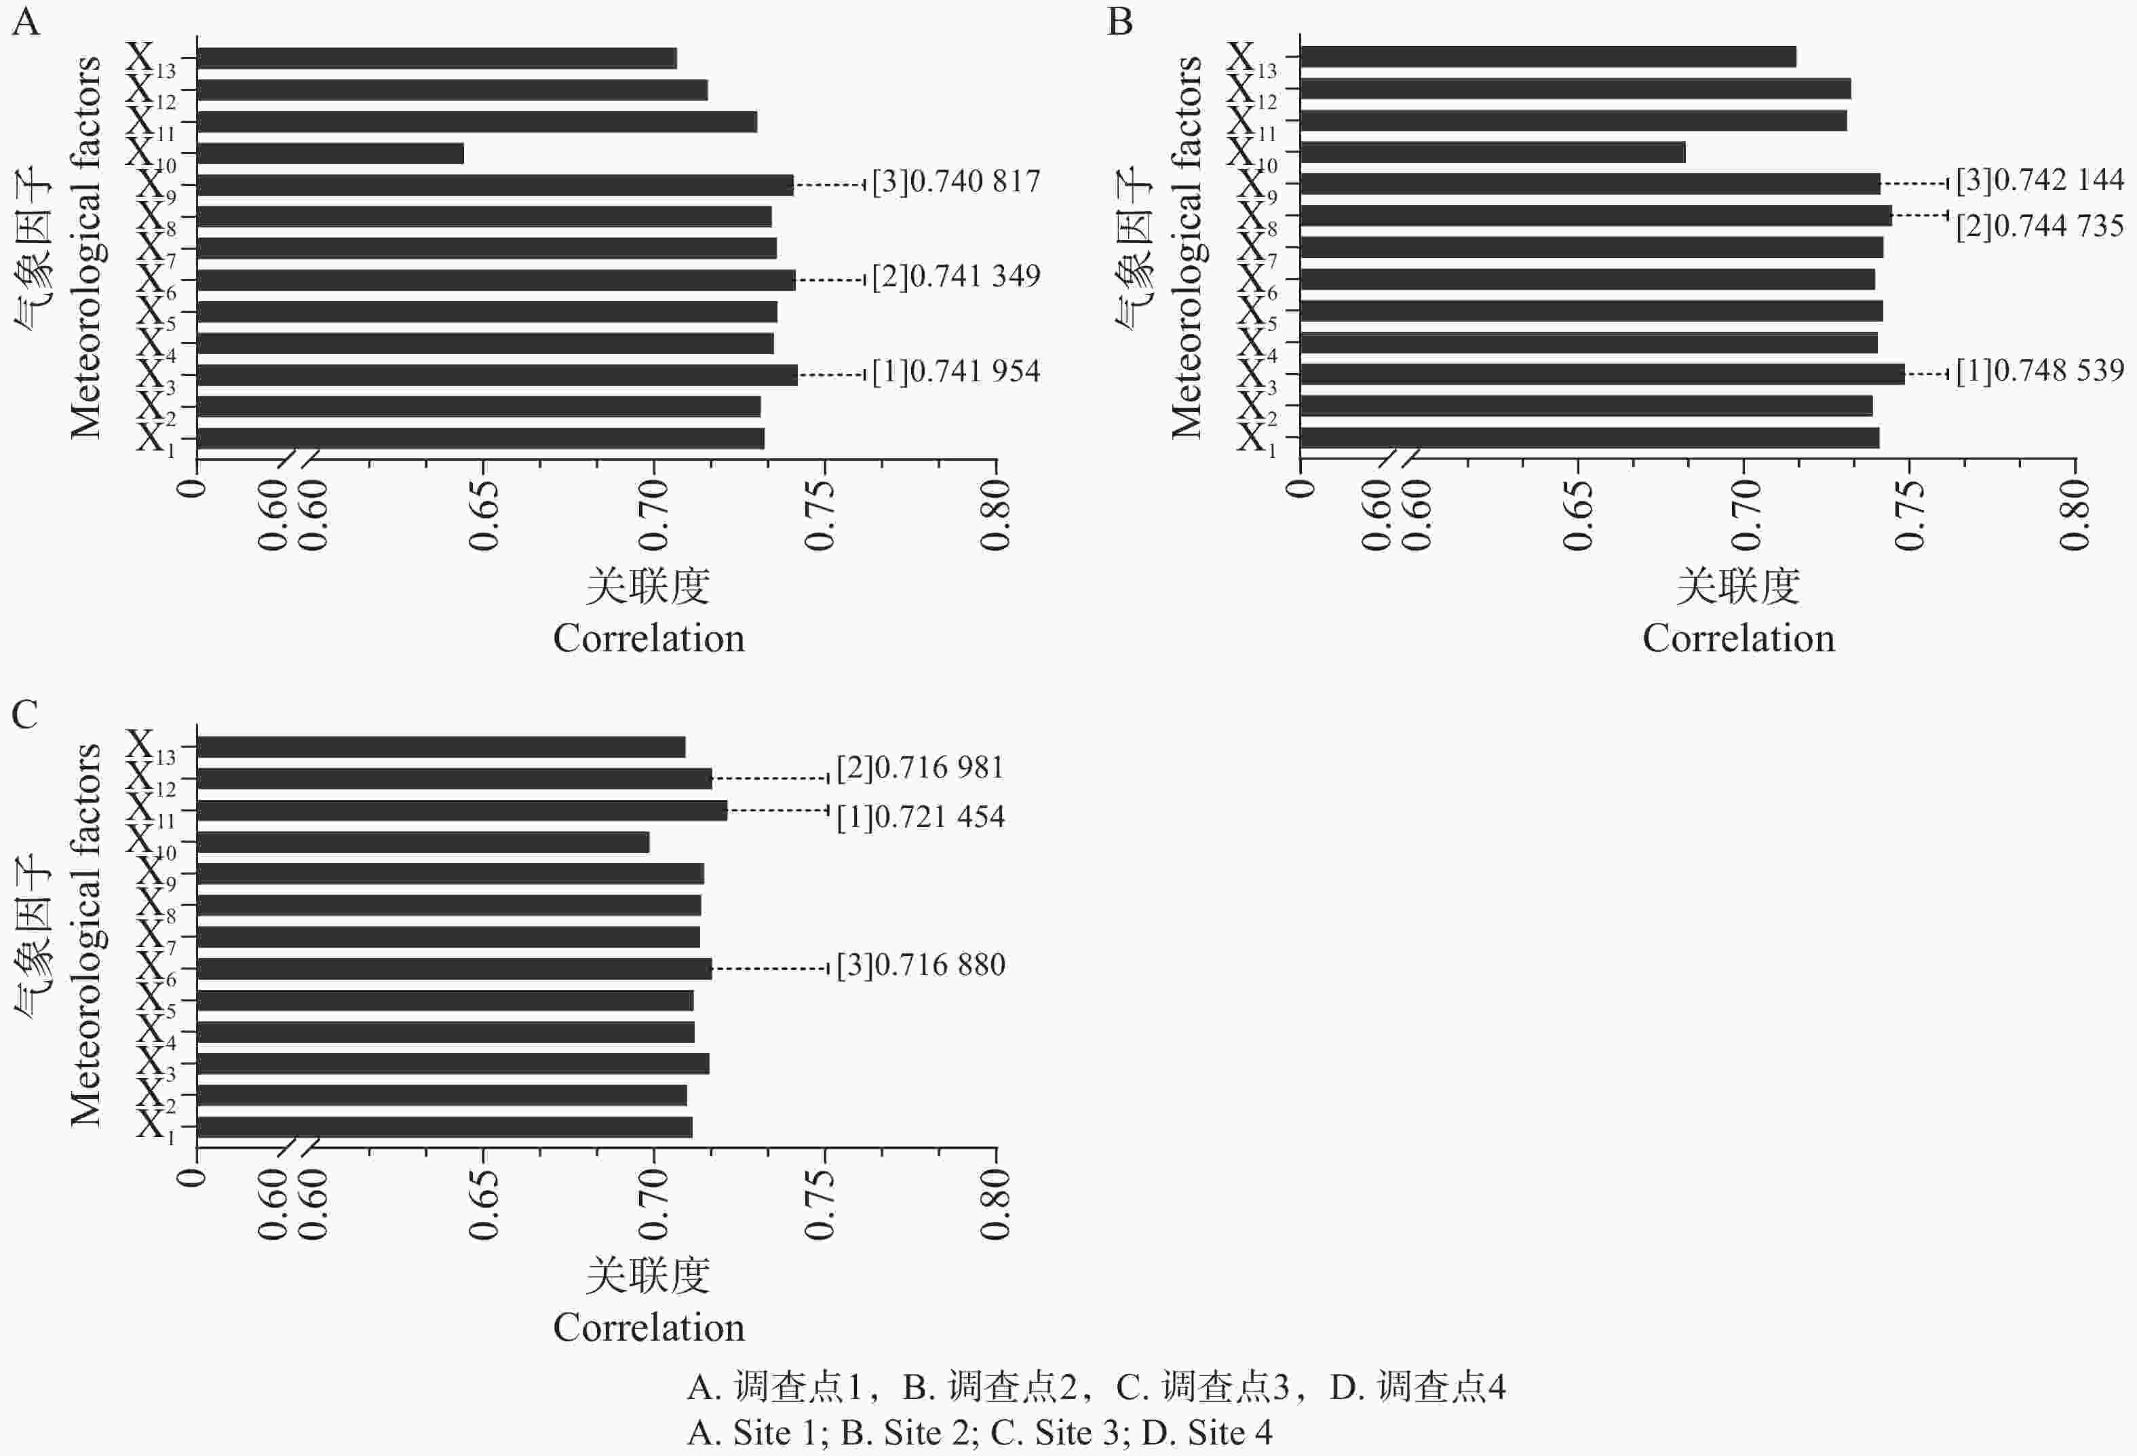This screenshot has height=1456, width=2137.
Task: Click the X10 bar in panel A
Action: click(x=330, y=153)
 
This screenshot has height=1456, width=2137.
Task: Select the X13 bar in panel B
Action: click(x=1547, y=57)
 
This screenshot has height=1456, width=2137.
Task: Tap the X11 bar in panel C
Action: click(x=461, y=810)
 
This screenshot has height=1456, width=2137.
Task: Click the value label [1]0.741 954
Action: click(x=957, y=372)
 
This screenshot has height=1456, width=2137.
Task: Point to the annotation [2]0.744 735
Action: click(x=2039, y=226)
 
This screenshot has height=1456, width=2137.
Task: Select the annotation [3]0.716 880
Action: click(x=921, y=965)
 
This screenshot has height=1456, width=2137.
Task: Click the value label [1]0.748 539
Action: click(x=2039, y=370)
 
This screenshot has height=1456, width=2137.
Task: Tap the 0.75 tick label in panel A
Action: click(x=820, y=515)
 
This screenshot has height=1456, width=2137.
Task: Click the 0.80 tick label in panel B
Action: click(x=2075, y=515)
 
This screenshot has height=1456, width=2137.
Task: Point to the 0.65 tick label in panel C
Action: click(x=484, y=1204)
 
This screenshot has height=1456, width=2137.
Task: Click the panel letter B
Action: click(x=1120, y=21)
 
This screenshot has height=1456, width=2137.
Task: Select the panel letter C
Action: click(x=25, y=714)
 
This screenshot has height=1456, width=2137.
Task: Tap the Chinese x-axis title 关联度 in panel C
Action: click(x=649, y=1276)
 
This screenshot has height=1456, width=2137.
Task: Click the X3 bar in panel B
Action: click(x=1602, y=373)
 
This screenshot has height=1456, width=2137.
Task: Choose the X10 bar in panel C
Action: click(x=423, y=841)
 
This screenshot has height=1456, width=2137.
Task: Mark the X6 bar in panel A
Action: click(x=496, y=280)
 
